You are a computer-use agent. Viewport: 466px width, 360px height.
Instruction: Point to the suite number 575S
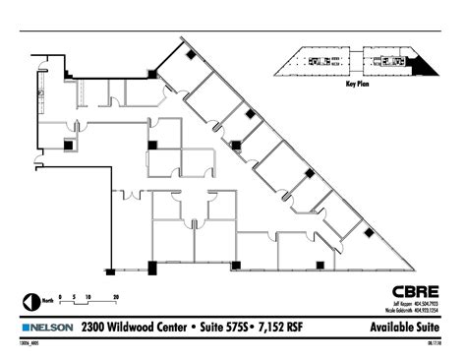point(239,326)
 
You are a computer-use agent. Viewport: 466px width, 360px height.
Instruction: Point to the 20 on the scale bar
point(115,295)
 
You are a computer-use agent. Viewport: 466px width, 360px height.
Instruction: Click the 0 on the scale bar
point(60,295)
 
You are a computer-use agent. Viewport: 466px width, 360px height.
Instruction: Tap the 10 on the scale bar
point(87,295)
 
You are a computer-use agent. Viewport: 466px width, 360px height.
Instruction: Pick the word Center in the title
point(183,326)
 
